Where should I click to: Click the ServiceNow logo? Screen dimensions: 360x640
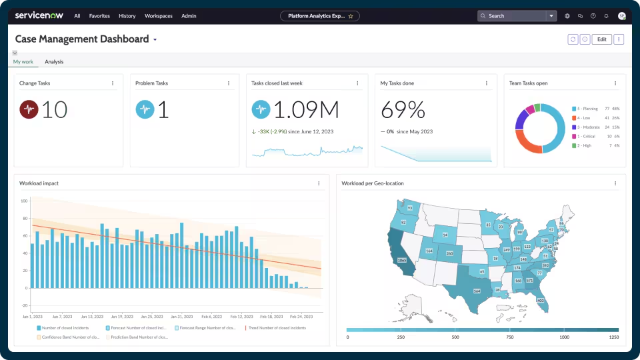coord(39,15)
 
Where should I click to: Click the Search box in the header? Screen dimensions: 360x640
coord(513,15)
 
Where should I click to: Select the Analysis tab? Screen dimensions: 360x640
coord(54,62)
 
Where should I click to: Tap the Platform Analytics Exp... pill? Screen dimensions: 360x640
coord(320,15)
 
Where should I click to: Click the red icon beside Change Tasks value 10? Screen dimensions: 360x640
coord(29,109)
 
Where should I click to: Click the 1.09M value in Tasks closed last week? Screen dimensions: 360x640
coord(306,110)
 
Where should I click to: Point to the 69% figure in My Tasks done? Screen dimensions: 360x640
coord(403,110)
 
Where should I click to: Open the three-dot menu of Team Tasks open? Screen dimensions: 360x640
coord(615,83)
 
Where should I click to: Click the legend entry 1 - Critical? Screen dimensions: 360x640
coord(587,136)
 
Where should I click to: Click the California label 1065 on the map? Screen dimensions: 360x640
coord(401,260)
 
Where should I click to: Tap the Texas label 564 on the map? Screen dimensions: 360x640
coord(477,291)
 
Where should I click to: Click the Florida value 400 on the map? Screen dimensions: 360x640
coord(540,301)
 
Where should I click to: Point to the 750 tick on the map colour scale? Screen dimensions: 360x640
coord(510,337)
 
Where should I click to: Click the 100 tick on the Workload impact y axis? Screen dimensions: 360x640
coord(24,201)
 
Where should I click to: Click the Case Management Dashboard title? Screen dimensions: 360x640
coord(82,39)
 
